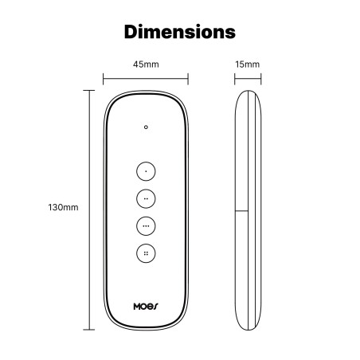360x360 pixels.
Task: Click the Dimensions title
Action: pyautogui.click(x=180, y=33)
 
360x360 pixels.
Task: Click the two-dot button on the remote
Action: pyautogui.click(x=146, y=198)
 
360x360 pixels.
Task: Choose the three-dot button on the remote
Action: pyautogui.click(x=146, y=225)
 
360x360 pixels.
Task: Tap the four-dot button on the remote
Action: pyautogui.click(x=146, y=253)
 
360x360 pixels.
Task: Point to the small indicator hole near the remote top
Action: pyautogui.click(x=146, y=127)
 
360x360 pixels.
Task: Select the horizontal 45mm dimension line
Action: pyautogui.click(x=146, y=78)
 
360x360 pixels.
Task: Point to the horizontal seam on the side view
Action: pyautogui.click(x=243, y=210)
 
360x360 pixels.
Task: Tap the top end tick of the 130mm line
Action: pyautogui.click(x=87, y=90)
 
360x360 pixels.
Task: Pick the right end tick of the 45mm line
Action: pyautogui.click(x=188, y=78)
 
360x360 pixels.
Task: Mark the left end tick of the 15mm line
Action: pyautogui.click(x=234, y=78)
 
